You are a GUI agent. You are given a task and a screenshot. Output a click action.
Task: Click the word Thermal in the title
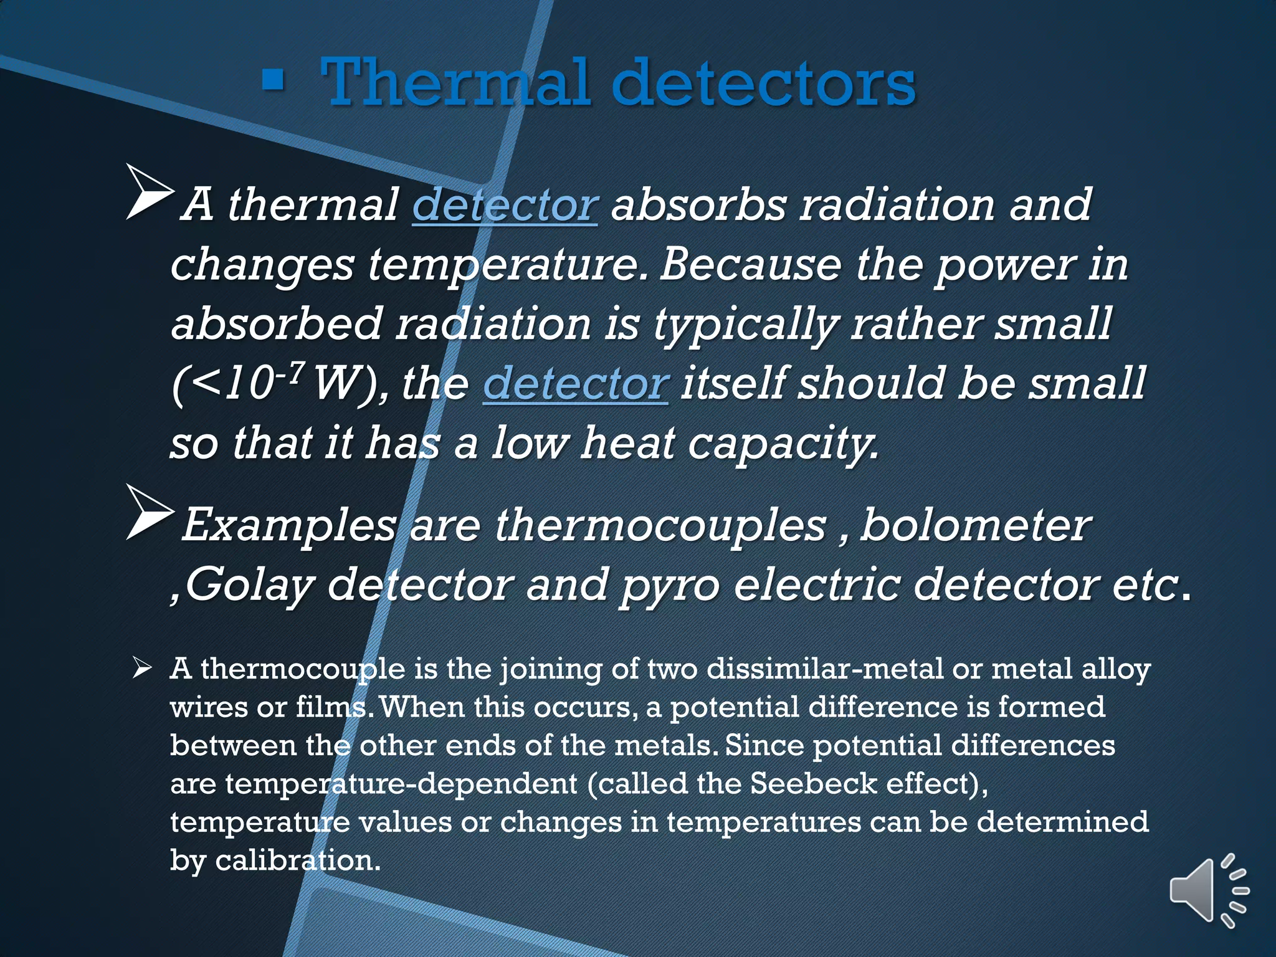tap(455, 82)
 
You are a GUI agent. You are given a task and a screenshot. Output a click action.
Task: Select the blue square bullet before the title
tap(273, 80)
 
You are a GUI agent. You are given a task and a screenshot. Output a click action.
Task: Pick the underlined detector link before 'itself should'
tap(576, 384)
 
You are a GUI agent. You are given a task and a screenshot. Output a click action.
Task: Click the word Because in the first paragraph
tap(750, 264)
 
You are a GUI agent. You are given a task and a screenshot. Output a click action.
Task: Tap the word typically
tap(745, 325)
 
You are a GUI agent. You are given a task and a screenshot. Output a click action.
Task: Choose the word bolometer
tap(975, 525)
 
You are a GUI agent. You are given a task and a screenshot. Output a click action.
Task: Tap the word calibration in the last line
tap(297, 860)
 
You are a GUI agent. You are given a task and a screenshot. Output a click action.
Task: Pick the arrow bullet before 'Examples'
tap(150, 512)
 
